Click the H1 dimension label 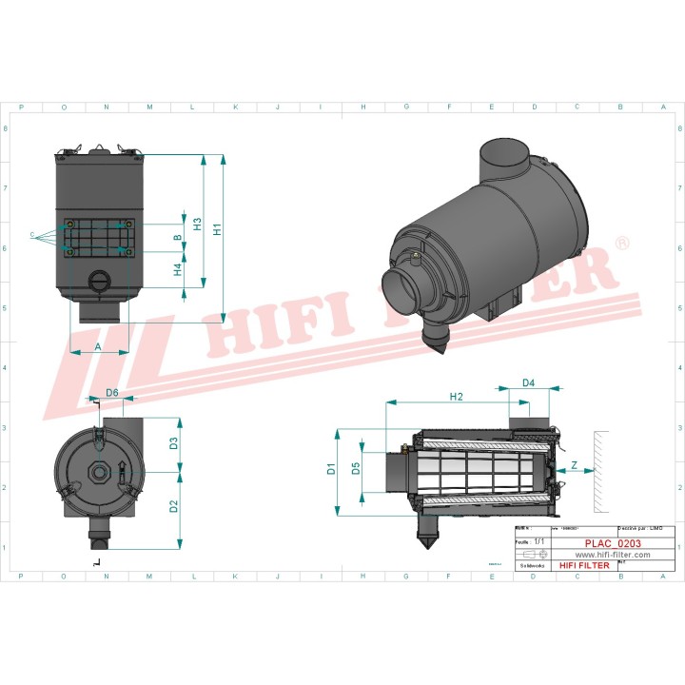[x=218, y=229]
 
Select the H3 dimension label [x=197, y=225]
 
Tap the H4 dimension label [x=178, y=270]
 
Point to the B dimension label [x=178, y=237]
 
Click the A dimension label [x=98, y=347]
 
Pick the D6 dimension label [x=111, y=392]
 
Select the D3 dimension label [x=174, y=442]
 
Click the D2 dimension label [x=174, y=506]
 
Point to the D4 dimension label [x=529, y=383]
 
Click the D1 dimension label [x=331, y=469]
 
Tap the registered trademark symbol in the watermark [x=622, y=244]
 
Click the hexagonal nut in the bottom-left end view [x=98, y=473]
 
